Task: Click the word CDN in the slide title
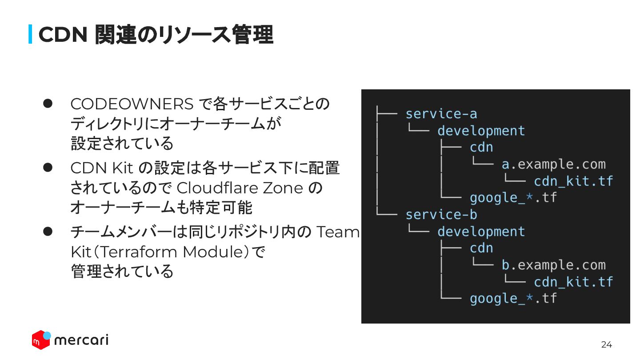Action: (62, 35)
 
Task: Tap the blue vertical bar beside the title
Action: (31, 34)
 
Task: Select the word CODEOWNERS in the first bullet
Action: (132, 104)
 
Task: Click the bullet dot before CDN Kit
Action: (48, 168)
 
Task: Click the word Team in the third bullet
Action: (337, 232)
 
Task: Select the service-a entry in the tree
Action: (441, 114)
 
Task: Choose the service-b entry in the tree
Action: (441, 215)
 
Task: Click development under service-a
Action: (481, 131)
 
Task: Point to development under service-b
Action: (481, 232)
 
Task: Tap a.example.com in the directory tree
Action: (553, 164)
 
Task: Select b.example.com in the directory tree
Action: (553, 265)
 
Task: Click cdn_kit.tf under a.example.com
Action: (573, 181)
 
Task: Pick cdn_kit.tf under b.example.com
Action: (573, 282)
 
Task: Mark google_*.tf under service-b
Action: (513, 298)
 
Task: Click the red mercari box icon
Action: (40, 340)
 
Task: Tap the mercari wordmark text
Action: (81, 340)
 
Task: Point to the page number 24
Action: (606, 344)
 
